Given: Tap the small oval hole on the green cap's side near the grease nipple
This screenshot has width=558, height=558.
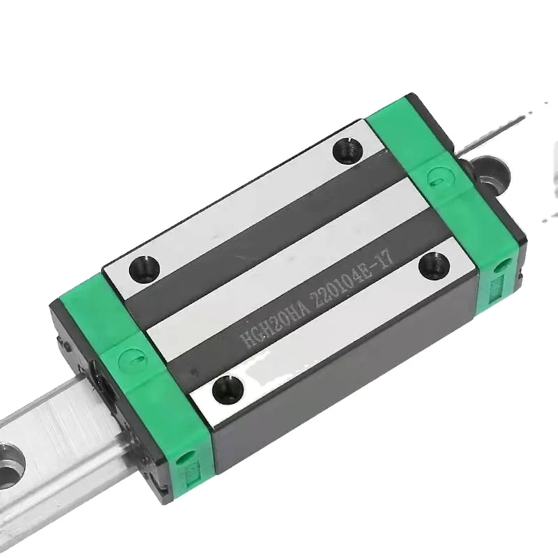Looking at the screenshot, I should coord(500,267).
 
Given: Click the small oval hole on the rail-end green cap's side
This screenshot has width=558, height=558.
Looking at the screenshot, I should coord(184,458).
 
